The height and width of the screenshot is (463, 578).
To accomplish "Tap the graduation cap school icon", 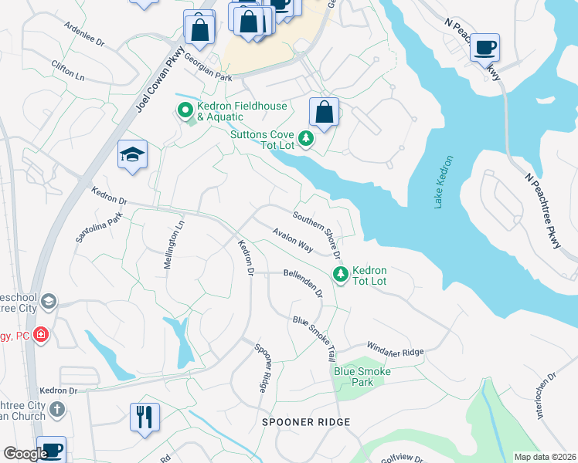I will pos(132,154).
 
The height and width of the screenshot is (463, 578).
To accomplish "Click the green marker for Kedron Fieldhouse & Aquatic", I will pos(185,111).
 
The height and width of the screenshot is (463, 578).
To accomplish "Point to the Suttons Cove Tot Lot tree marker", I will pos(307,138).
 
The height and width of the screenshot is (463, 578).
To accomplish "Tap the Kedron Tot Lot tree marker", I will pos(339,274).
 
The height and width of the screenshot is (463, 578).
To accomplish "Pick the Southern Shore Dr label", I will pos(317,234).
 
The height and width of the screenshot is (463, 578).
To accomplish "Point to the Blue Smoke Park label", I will pos(362,377).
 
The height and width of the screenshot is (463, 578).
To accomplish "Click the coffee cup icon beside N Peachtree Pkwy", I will pos(484,46).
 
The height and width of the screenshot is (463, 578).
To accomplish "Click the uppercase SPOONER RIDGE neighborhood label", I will pos(306,422).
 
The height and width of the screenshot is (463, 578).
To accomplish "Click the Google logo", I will pos(25,454).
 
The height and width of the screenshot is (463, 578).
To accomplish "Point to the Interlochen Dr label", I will pos(545,395).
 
